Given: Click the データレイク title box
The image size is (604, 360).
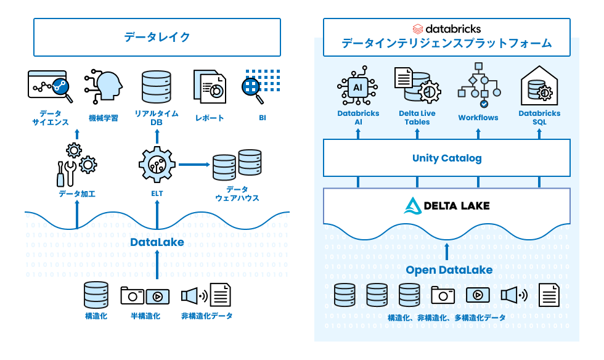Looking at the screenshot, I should point(157,37).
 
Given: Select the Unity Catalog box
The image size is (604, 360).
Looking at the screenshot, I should point(446,158).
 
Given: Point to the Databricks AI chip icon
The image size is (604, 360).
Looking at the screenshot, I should point(357,87).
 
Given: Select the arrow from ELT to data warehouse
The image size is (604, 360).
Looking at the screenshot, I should point(194,165).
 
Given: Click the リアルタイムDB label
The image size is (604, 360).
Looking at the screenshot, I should point(157,117).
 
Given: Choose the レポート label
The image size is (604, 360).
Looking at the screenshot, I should point(210,118).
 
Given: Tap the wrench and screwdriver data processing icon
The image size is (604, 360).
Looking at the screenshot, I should point(67,173).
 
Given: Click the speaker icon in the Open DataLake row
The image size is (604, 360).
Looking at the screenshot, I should point(513,295).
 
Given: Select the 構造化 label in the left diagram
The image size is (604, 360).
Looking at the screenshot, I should point(96,316).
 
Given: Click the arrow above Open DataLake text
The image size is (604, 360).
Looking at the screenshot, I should point(447,252).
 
